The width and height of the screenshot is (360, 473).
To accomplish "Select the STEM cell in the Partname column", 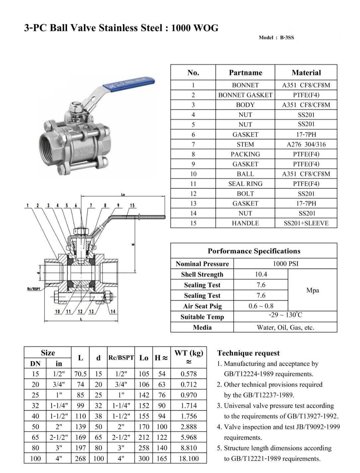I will pyautogui.click(x=245, y=144).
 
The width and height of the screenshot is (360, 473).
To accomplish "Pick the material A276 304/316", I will pyautogui.click(x=306, y=144).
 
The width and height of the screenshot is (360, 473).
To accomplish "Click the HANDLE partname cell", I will pyautogui.click(x=245, y=223).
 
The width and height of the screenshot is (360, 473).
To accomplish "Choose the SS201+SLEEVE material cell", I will pyautogui.click(x=306, y=223).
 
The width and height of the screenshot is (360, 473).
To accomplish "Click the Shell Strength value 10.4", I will pyautogui.click(x=261, y=274).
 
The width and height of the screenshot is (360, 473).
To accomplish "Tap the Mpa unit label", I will pyautogui.click(x=313, y=290).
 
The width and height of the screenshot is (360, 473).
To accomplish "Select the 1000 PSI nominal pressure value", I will pyautogui.click(x=285, y=264).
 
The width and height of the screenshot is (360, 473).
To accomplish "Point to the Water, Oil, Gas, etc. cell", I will pyautogui.click(x=285, y=327).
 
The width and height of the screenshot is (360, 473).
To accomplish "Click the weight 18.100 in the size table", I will pyautogui.click(x=189, y=459).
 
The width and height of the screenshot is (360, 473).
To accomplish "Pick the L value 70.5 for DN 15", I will pyautogui.click(x=80, y=374).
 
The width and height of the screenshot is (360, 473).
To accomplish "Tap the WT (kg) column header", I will pyautogui.click(x=189, y=357).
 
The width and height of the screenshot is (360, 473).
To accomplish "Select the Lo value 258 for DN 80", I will pyautogui.click(x=143, y=448).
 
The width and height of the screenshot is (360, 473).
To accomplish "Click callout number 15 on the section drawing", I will pyautogui.click(x=132, y=206).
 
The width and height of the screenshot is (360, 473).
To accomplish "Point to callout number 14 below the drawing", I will pyautogui.click(x=113, y=311).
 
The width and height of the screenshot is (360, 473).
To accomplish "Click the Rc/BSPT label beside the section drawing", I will pyautogui.click(x=34, y=289).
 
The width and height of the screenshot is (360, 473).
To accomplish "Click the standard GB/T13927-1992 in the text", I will pyautogui.click(x=309, y=416).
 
